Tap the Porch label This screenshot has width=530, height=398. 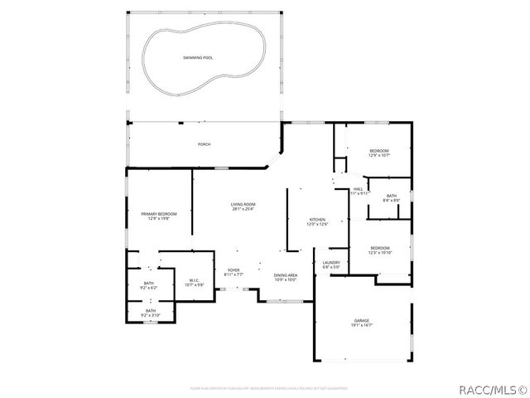pyautogui.click(x=204, y=144)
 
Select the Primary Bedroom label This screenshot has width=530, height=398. pyautogui.click(x=158, y=214)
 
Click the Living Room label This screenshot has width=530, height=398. pyautogui.click(x=243, y=204)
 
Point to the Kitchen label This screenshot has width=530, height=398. pyautogui.click(x=318, y=220)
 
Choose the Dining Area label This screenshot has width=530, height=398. pyautogui.click(x=285, y=275)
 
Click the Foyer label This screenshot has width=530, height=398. pyautogui.click(x=234, y=270)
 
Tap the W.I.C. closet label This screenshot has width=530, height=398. pyautogui.click(x=192, y=279)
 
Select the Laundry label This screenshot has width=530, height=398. pyautogui.click(x=330, y=263)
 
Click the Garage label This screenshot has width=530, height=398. pyautogui.click(x=362, y=320)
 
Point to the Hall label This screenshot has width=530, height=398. pyautogui.click(x=359, y=189)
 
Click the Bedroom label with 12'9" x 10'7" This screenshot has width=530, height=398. pyautogui.click(x=379, y=150)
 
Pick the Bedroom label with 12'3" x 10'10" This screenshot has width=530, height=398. pyautogui.click(x=380, y=248)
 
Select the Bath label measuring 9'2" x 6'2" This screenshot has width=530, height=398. pyautogui.click(x=149, y=284)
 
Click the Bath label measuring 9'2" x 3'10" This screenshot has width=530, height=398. pyautogui.click(x=150, y=311)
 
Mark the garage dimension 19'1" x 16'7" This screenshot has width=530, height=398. pyautogui.click(x=362, y=325)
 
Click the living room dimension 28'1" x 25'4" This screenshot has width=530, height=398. pyautogui.click(x=243, y=209)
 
